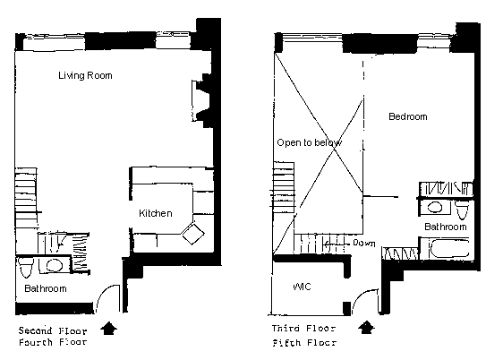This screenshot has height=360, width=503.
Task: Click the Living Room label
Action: click(x=85, y=76)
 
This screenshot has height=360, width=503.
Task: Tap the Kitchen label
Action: click(x=156, y=213)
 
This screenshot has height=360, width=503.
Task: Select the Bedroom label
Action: click(x=408, y=116)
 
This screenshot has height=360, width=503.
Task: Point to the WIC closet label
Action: click(x=302, y=287)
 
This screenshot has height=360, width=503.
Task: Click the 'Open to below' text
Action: click(x=310, y=142)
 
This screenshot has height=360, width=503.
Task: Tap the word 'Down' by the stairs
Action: click(x=364, y=243)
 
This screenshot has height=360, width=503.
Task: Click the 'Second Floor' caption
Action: click(x=53, y=330)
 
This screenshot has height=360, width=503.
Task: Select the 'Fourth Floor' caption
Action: click(x=53, y=342)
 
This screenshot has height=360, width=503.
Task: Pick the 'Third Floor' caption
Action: click(x=303, y=329)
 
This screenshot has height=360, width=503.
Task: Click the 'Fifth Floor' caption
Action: click(x=304, y=343)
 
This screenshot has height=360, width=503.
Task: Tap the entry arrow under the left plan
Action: click(x=109, y=329)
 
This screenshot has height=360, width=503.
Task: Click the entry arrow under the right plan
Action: click(x=366, y=327)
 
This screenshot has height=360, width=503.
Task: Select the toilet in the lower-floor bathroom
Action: click(x=25, y=267)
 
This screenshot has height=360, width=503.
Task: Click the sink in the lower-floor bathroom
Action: click(x=55, y=265)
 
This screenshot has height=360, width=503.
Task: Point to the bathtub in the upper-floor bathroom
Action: click(x=450, y=249)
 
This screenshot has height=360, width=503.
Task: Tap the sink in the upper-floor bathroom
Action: click(x=434, y=207)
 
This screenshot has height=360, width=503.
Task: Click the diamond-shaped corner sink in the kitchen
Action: click(x=192, y=233)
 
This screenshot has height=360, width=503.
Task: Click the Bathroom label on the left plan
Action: click(x=46, y=288)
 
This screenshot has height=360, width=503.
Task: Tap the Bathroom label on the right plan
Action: click(x=446, y=227)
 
